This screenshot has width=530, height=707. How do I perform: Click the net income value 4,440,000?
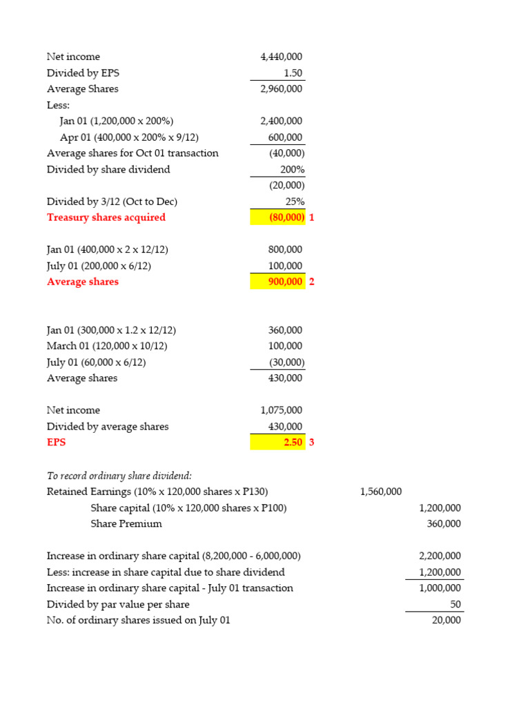coord(281,57)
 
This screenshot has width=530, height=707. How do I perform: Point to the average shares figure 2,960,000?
coord(281,89)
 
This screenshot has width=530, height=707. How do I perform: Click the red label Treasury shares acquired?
coord(106,217)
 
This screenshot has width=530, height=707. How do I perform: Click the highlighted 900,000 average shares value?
coord(284,282)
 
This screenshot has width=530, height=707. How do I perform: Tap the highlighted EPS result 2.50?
coord(293,443)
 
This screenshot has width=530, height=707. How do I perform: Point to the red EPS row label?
coord(57,443)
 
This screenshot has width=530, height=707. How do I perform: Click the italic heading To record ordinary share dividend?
coord(119,475)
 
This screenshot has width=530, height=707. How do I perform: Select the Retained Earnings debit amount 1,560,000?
coord(380,492)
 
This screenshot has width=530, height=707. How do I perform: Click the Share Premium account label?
coord(126,523)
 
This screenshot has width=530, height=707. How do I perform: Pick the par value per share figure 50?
coord(454,604)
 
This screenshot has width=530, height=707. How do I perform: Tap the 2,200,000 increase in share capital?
coord(440,556)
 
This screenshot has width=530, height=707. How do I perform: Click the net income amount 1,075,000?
coord(281,410)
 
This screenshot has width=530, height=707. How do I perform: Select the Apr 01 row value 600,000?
coord(285,137)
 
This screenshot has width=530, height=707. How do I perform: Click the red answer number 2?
coord(311,282)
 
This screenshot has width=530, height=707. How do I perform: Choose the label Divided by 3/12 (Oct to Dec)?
coord(112,202)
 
